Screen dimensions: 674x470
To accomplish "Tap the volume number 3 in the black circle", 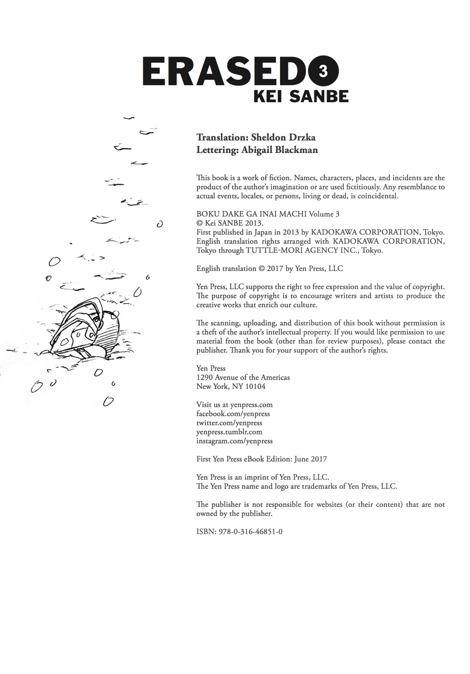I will click(323, 71).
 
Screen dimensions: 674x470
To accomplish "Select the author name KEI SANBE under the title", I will click(301, 96).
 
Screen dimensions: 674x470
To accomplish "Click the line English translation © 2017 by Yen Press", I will click(269, 268).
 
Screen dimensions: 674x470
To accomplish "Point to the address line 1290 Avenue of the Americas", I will click(243, 377).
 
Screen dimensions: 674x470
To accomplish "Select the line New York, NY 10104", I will click(231, 386).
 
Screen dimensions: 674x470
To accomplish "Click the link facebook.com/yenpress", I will click(233, 413).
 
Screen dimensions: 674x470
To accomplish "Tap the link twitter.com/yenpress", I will click(229, 423).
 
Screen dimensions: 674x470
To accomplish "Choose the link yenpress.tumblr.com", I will click(229, 432).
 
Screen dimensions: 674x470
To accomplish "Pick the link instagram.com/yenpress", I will click(234, 441).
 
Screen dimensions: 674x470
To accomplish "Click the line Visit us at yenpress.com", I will click(234, 405).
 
